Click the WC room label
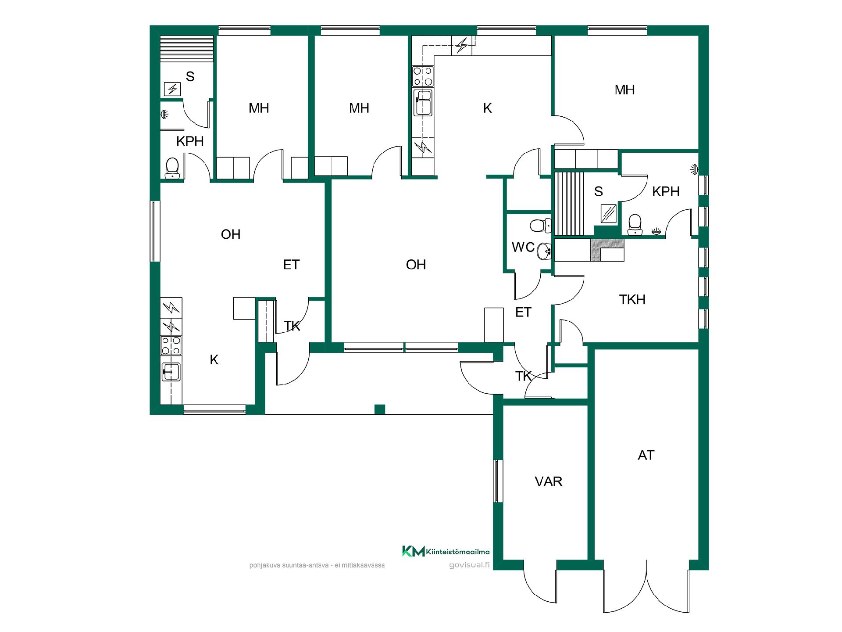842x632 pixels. tap(523, 247)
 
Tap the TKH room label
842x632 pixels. tap(632, 300)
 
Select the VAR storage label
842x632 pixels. tap(548, 481)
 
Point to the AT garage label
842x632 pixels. tap(646, 455)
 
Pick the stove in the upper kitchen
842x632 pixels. tap(423, 76)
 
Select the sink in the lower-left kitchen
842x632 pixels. tap(171, 372)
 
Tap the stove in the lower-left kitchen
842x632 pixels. tap(171, 345)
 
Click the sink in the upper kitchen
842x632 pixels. tap(423, 103)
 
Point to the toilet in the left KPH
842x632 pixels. tap(172, 168)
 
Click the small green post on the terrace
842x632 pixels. tap(380, 409)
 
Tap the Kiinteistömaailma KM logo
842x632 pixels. tap(413, 551)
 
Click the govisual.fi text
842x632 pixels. tap(469, 565)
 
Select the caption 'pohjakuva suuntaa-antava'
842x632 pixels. tap(289, 565)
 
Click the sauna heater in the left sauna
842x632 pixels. tap(172, 89)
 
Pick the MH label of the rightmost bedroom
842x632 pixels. tap(624, 90)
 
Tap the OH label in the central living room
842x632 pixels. tap(416, 265)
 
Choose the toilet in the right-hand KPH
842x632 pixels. tap(635, 224)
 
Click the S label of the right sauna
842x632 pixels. tap(599, 191)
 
